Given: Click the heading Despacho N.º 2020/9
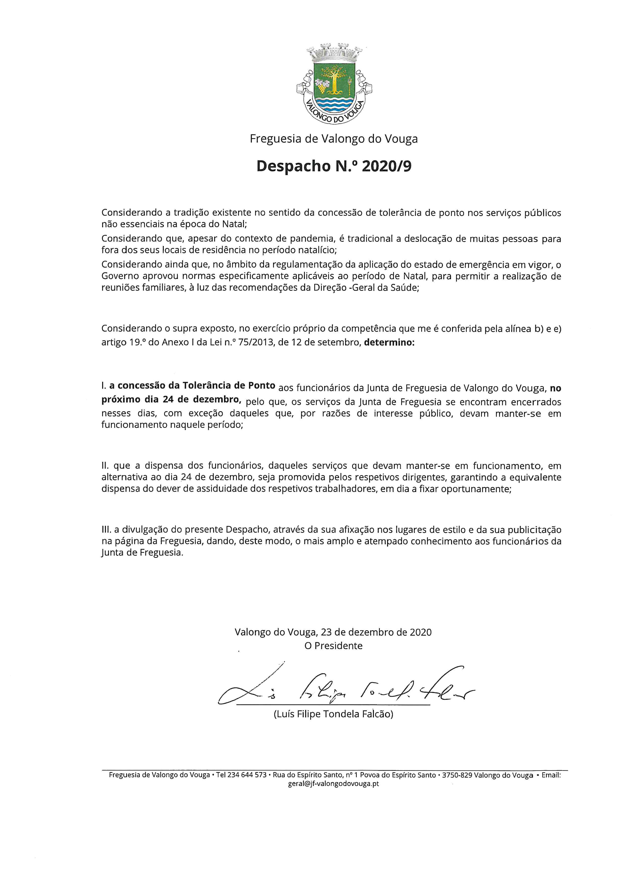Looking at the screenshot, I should pyautogui.click(x=334, y=166).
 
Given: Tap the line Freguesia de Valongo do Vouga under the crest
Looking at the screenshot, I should pyautogui.click(x=333, y=139).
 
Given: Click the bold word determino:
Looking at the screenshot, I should pyautogui.click(x=389, y=342).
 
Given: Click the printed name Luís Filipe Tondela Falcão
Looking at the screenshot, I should pyautogui.click(x=333, y=714).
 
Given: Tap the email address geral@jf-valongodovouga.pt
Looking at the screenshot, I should pyautogui.click(x=333, y=784).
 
